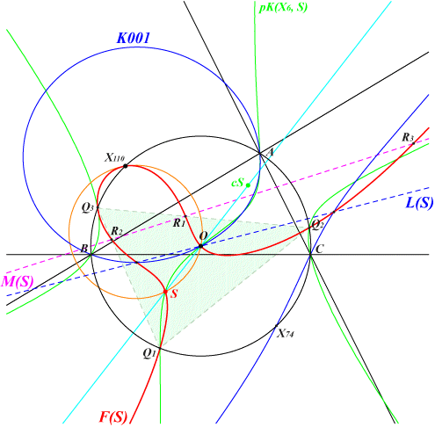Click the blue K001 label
(134, 38)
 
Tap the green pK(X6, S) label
(283, 7)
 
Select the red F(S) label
(113, 417)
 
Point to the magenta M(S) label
(17, 281)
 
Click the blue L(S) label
(419, 203)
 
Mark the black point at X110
(126, 166)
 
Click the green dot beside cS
(248, 185)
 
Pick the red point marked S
(165, 292)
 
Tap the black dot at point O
(200, 246)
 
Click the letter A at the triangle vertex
(270, 152)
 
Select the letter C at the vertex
(319, 250)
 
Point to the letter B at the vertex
(84, 249)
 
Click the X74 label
(286, 333)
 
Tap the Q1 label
(149, 353)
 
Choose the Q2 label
(318, 225)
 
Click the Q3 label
(88, 207)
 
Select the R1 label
(179, 223)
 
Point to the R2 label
(117, 231)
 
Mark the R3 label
(408, 137)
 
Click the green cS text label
(237, 183)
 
